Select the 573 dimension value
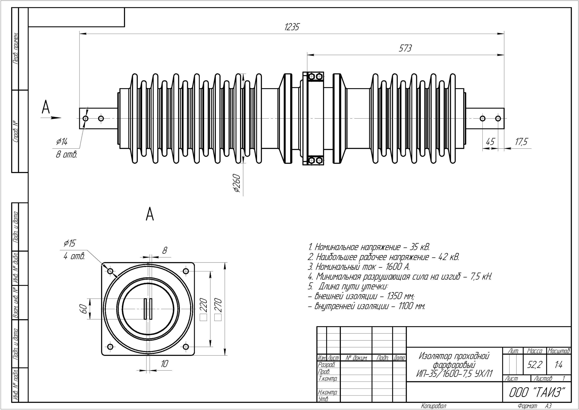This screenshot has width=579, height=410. (405, 48)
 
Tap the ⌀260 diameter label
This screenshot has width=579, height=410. (237, 183)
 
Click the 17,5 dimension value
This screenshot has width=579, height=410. (521, 142)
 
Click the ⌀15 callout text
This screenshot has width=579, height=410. (70, 243)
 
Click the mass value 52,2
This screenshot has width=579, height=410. (534, 365)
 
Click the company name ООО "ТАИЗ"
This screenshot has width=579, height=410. (536, 392)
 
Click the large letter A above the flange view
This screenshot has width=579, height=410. (150, 214)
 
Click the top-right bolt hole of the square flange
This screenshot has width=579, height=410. (186, 271)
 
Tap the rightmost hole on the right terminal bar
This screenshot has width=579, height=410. (498, 118)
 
